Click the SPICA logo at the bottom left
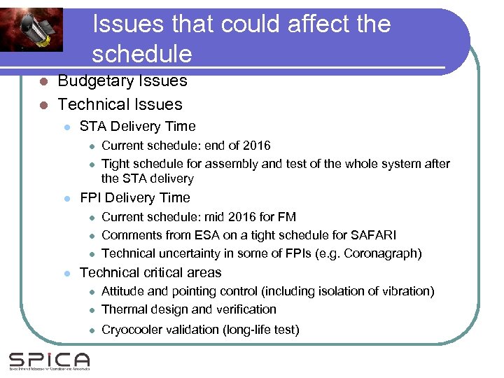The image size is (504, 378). click(x=49, y=361)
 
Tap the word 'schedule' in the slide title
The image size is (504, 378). click(x=141, y=54)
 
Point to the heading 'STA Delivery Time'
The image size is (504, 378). click(x=137, y=127)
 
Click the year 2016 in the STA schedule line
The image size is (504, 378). click(x=255, y=146)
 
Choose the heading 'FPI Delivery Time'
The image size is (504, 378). click(x=134, y=198)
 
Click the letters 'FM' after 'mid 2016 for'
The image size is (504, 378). click(x=287, y=217)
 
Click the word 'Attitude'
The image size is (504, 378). click(x=123, y=291)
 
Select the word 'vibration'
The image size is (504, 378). click(x=405, y=291)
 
